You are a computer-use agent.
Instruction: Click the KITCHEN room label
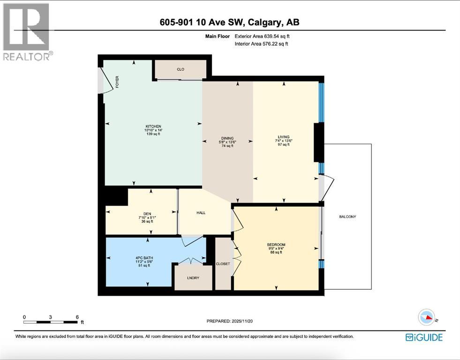(x=153, y=127)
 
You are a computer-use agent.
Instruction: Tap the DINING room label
(x=228, y=138)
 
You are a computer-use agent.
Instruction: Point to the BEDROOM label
(x=276, y=245)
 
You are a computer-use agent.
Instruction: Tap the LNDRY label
(x=193, y=278)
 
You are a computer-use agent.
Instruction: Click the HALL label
(x=201, y=213)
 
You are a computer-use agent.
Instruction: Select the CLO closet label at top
(x=181, y=69)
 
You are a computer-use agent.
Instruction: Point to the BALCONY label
(x=347, y=217)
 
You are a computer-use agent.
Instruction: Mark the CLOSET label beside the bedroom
(x=223, y=264)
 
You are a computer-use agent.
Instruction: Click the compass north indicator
(x=428, y=317)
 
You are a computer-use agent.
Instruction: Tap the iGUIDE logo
(x=424, y=337)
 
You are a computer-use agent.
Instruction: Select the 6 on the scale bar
(x=77, y=317)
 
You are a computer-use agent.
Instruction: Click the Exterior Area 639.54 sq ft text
(x=265, y=36)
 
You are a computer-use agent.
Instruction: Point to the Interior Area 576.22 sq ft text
(x=261, y=44)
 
